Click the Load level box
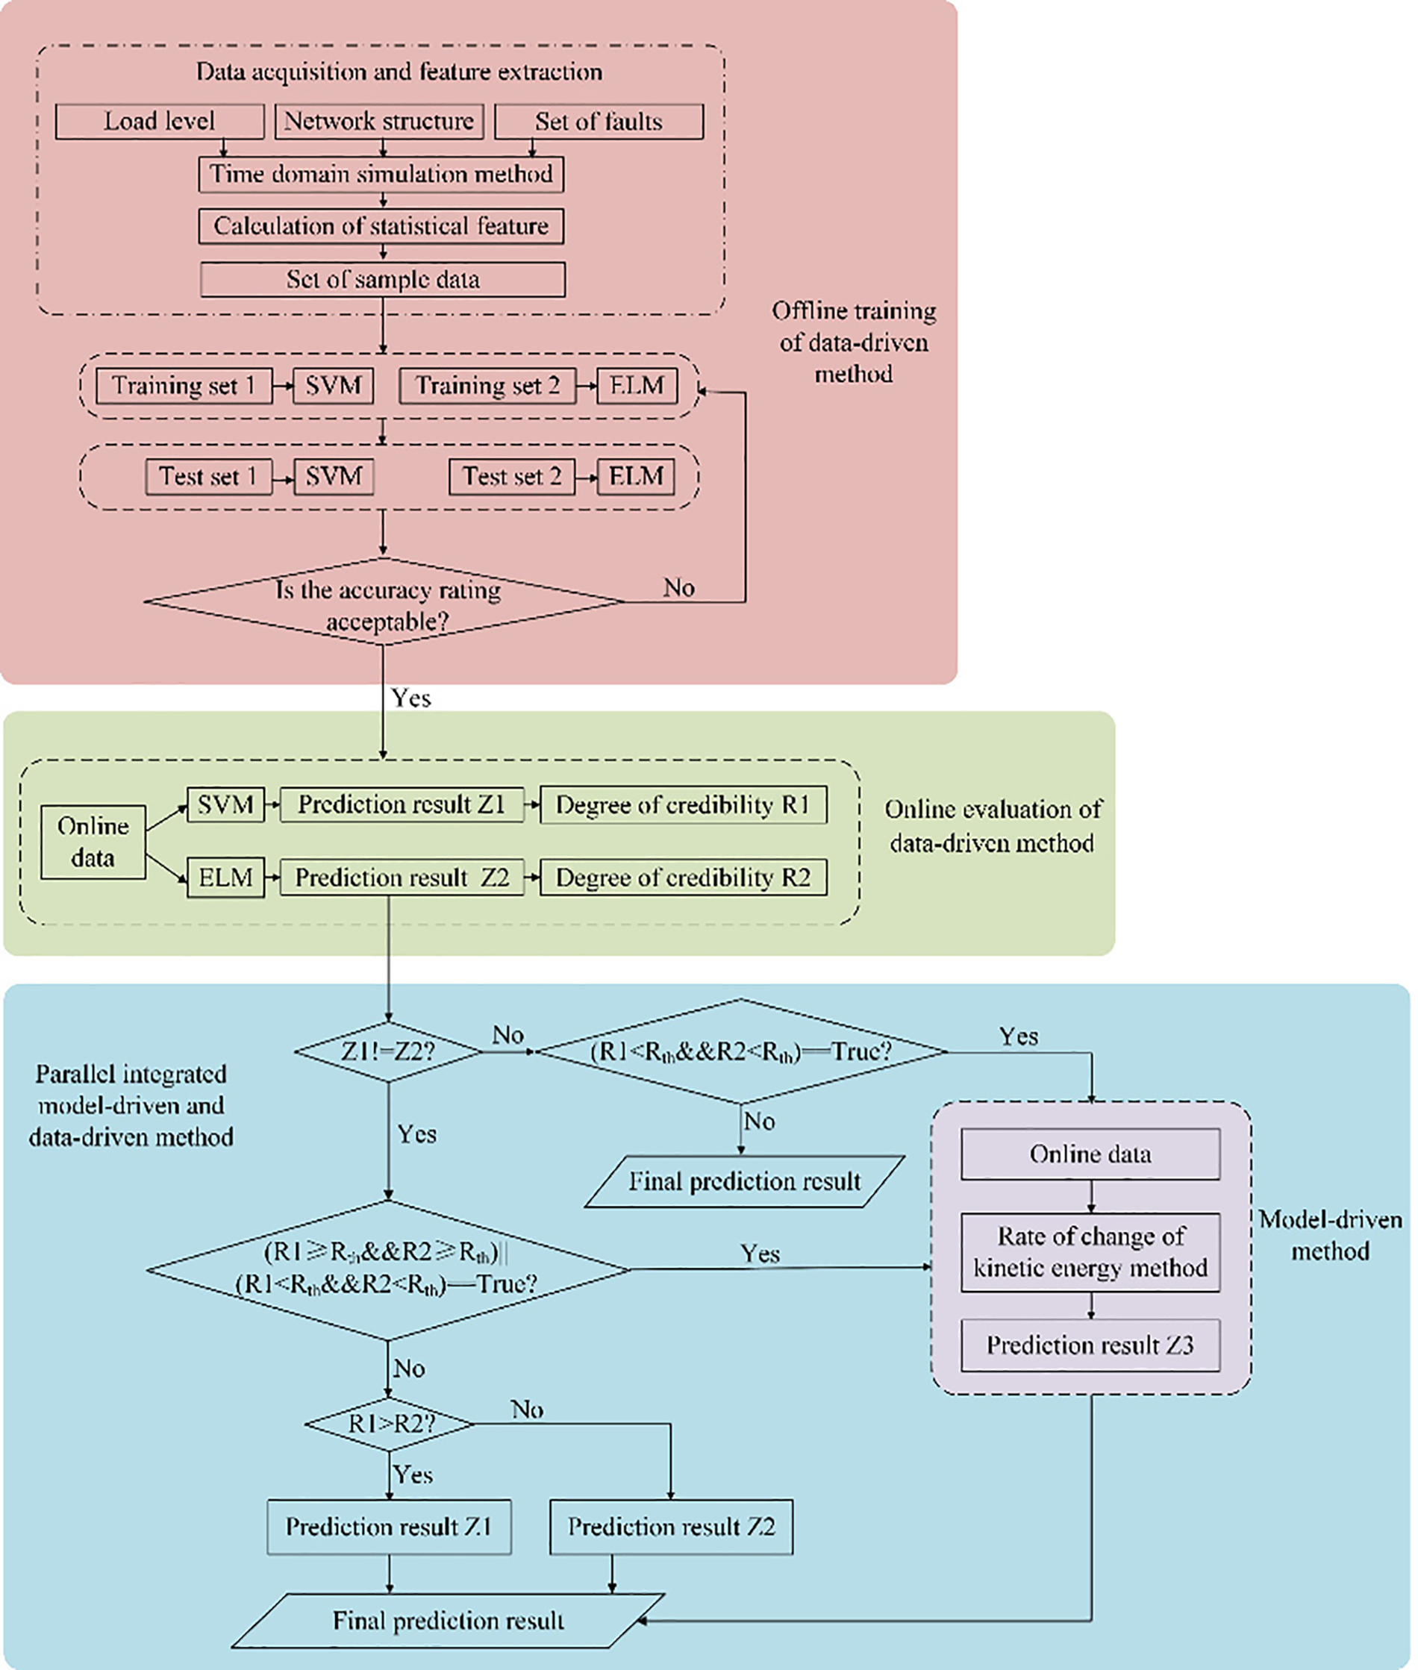click(x=159, y=122)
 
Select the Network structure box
click(x=378, y=122)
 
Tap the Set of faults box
click(x=599, y=122)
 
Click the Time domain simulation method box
click(x=381, y=175)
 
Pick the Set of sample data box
click(x=383, y=280)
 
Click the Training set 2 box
click(x=487, y=386)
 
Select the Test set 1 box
click(x=208, y=477)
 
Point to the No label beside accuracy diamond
click(x=678, y=588)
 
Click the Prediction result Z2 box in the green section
click(x=402, y=878)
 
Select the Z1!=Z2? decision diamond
click(x=388, y=1051)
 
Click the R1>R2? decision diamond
click(x=390, y=1424)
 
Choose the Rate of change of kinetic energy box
click(x=1090, y=1252)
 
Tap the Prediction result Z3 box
click(x=1090, y=1345)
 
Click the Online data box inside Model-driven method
click(x=1090, y=1154)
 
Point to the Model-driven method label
click(x=1331, y=1235)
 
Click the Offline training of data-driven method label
click(x=854, y=343)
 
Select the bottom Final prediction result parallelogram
click(x=448, y=1620)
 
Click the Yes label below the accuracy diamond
click(x=410, y=698)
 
